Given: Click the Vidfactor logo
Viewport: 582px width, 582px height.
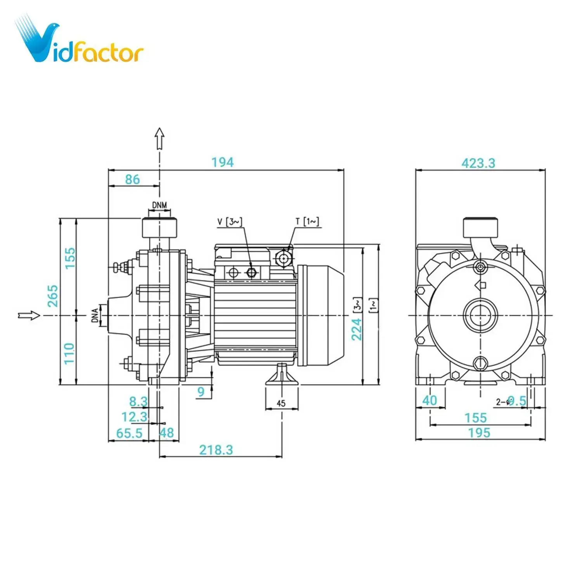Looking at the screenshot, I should (x=80, y=41).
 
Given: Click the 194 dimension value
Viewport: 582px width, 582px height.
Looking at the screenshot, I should (x=222, y=162).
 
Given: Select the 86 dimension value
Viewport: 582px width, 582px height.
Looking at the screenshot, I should (x=132, y=179).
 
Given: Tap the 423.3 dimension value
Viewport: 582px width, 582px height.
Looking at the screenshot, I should (x=478, y=163).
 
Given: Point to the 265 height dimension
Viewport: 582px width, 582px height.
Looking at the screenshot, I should (x=53, y=296).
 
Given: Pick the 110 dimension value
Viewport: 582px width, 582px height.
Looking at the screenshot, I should (x=69, y=353).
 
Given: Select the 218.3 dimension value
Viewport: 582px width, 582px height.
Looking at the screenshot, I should (x=216, y=450).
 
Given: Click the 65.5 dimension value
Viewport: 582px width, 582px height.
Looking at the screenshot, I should (x=129, y=433).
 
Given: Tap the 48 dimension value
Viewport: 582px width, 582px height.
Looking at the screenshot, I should (x=167, y=433).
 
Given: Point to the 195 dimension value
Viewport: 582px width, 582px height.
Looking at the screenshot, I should (x=479, y=433).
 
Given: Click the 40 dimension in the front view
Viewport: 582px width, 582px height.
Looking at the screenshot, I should (x=430, y=400).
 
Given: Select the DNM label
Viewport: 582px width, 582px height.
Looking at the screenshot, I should (x=159, y=205).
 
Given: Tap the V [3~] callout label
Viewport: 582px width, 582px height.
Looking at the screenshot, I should (x=230, y=222).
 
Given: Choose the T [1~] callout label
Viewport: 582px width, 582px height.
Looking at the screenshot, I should (x=307, y=222).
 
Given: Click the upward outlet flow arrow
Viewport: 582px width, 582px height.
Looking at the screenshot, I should (x=159, y=139).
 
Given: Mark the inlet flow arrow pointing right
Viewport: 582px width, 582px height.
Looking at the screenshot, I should (x=29, y=315).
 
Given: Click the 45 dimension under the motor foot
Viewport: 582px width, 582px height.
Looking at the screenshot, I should (x=281, y=403).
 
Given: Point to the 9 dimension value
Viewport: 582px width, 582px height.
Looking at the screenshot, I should (x=201, y=391).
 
